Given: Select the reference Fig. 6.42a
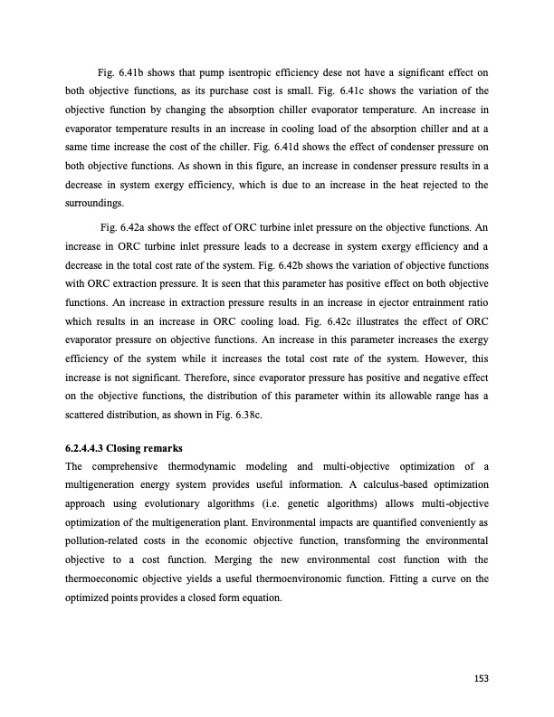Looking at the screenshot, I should click(124, 226).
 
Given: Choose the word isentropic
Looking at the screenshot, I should click(223, 72).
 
